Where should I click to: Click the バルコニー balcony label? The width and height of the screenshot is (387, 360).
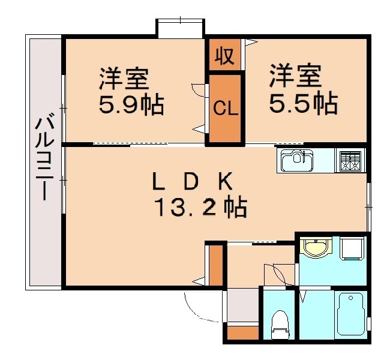pyautogui.click(x=45, y=160)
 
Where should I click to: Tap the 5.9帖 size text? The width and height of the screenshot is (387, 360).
pyautogui.click(x=131, y=106)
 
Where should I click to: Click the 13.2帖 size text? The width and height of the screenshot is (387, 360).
pyautogui.click(x=200, y=208)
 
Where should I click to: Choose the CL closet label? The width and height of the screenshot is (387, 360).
pyautogui.click(x=226, y=109)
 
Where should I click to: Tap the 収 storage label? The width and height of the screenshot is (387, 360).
pyautogui.click(x=225, y=56)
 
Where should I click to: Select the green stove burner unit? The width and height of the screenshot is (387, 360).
pyautogui.click(x=350, y=160)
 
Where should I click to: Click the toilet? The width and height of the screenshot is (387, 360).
pyautogui.click(x=280, y=324)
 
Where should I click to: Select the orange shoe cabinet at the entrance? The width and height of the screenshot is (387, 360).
pyautogui.click(x=243, y=332)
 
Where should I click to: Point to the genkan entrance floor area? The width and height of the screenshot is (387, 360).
pyautogui.click(x=242, y=305)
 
